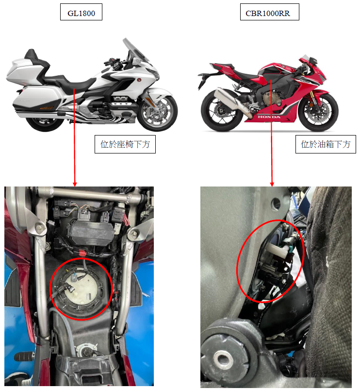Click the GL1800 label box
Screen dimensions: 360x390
(x=81, y=12)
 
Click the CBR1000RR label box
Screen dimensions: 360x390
(x=270, y=12)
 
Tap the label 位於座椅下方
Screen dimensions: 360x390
(x=125, y=144)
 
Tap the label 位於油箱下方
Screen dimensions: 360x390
(x=326, y=144)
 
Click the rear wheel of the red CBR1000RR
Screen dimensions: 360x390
(x=222, y=110)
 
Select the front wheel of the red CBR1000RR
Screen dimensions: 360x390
(x=318, y=111)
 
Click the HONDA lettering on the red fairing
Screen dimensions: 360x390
(x=269, y=117)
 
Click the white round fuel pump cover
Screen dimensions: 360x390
(x=82, y=288)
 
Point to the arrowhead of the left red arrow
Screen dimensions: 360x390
(x=75, y=184)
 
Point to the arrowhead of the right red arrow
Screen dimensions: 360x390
(x=272, y=184)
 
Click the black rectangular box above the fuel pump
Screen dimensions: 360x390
(x=91, y=233)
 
